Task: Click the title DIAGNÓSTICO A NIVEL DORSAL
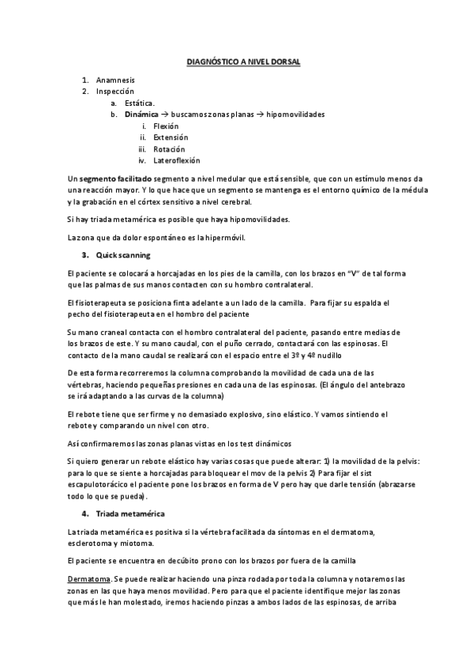coord(237,60)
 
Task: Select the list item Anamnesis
coord(115,81)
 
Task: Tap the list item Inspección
coord(114,92)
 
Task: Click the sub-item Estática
coord(140,103)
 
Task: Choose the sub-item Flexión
coord(166,126)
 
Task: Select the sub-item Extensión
coord(171,137)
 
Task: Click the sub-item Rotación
coord(169,149)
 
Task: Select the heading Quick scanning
coord(123,255)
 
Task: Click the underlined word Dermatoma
coord(87,579)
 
